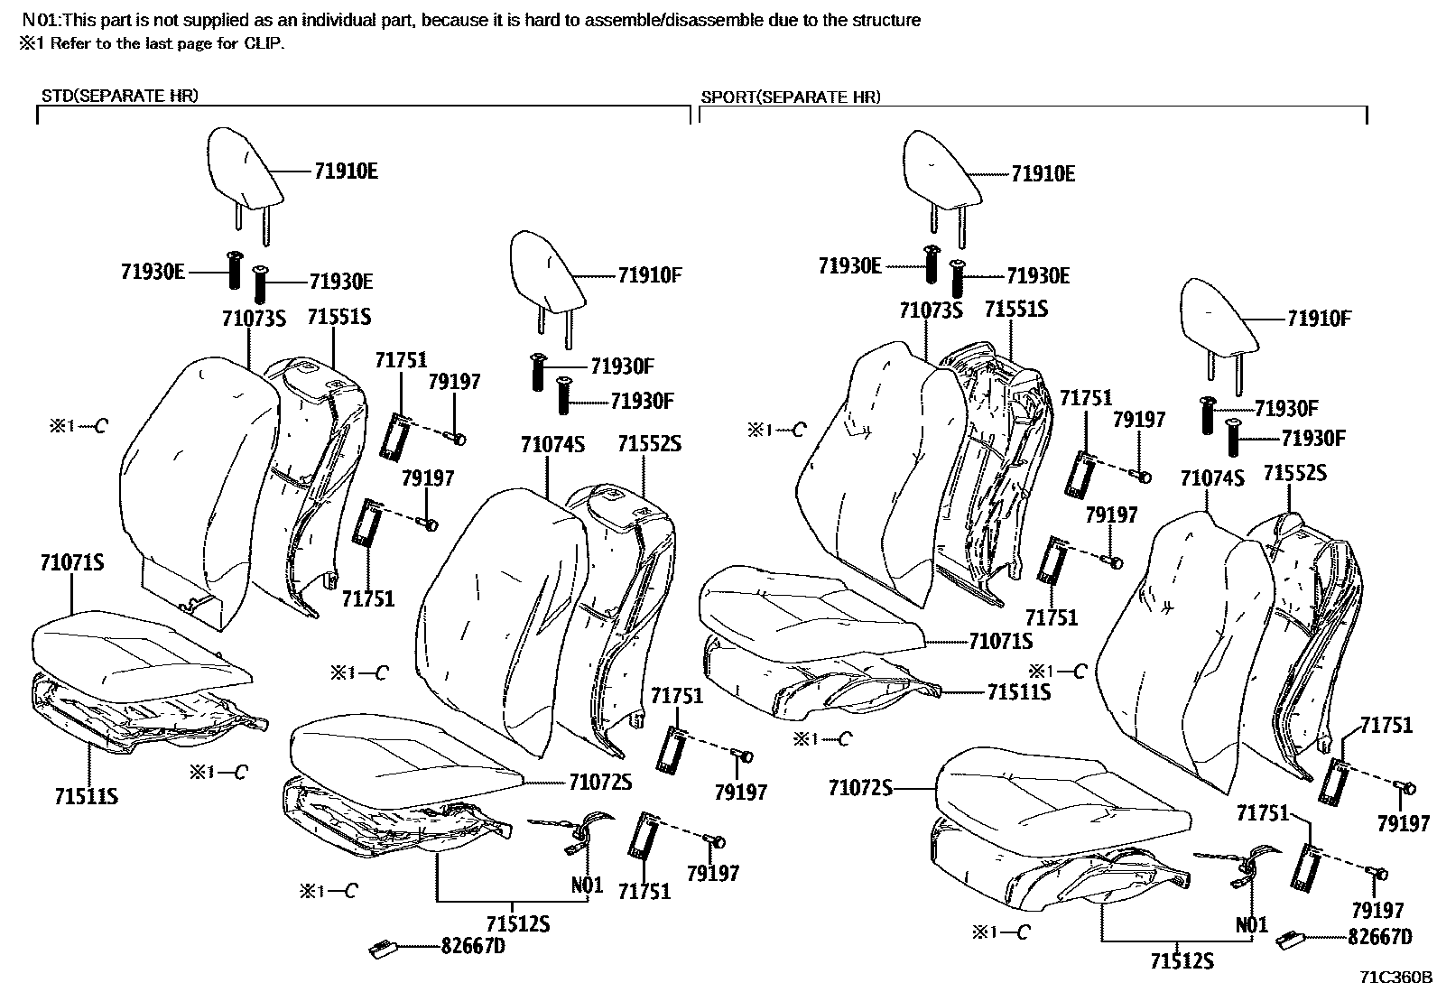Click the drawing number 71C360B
pos(1397,977)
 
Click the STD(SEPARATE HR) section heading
pos(119,97)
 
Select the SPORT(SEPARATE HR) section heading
pos(791,97)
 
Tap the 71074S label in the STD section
pos(552,445)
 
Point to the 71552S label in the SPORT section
pos(1294,473)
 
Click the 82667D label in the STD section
pos(473,946)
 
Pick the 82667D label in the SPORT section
pos(1379,938)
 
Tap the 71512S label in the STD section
pos(518,923)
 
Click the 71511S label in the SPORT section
pos(1019,692)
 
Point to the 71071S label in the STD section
pos(71,563)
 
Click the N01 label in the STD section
pos(587,885)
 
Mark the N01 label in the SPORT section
pos(1252,924)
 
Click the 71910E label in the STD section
pos(347,171)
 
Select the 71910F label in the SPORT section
pos(1319,318)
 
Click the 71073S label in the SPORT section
pos(931,311)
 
